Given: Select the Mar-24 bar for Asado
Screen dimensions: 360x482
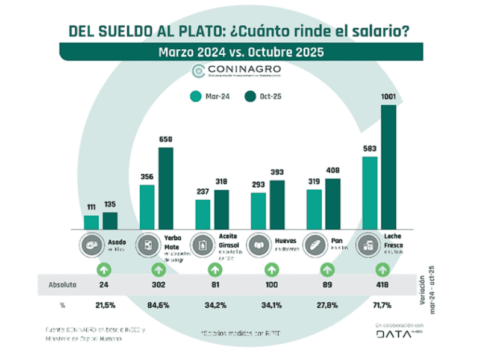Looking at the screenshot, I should click(x=91, y=222).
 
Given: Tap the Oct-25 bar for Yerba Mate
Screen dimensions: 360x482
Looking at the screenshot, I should click(x=166, y=188).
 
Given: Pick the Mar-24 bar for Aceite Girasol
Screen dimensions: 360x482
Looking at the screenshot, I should click(x=203, y=214).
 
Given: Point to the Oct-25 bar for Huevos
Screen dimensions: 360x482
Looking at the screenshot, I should click(x=277, y=204).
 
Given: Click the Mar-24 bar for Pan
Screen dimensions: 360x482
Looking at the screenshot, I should click(x=314, y=209).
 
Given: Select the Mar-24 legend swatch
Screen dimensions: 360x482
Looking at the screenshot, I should click(x=195, y=96).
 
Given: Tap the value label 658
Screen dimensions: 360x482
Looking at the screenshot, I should click(x=166, y=140).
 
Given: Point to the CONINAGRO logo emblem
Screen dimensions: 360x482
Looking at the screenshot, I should click(x=197, y=70).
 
